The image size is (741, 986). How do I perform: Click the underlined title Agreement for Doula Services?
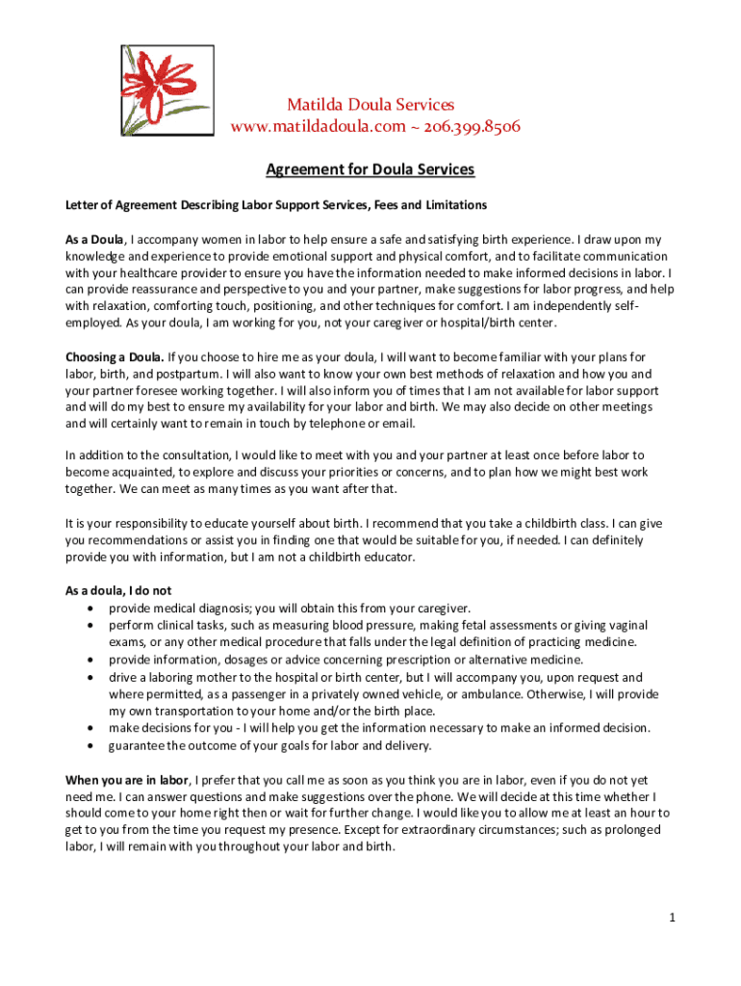pyautogui.click(x=370, y=169)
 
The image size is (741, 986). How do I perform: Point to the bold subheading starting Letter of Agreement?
pyautogui.click(x=275, y=205)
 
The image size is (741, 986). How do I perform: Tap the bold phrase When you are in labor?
pyautogui.click(x=128, y=779)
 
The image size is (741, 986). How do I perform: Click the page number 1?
pyautogui.click(x=675, y=918)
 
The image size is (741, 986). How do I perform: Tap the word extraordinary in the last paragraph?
pyautogui.click(x=438, y=830)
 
